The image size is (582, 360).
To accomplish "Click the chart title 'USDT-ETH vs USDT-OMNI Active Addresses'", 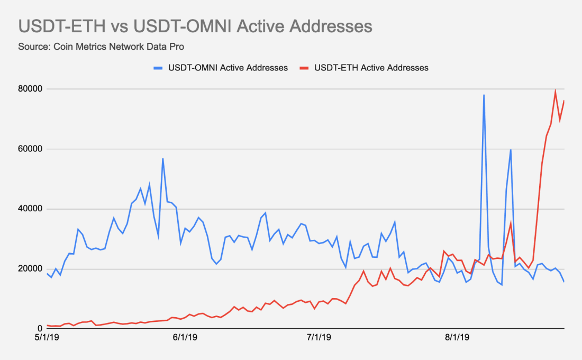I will click(195, 27).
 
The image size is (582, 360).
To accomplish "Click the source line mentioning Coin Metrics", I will click(101, 47).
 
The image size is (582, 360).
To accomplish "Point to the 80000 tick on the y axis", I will click(30, 89).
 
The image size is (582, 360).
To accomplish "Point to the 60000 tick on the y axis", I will click(30, 149).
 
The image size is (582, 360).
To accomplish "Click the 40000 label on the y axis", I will click(30, 209).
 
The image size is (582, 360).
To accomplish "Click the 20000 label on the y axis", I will click(30, 268).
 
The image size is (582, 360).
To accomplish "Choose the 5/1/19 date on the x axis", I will click(47, 337).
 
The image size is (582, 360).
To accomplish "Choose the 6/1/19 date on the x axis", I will click(185, 337).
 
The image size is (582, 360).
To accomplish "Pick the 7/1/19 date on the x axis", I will click(319, 337).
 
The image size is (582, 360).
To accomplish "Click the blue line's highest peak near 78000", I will click(484, 95).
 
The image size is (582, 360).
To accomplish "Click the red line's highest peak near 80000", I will click(555, 91).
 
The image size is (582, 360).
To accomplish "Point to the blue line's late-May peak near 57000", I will click(163, 159).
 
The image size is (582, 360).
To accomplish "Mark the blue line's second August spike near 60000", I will click(511, 150).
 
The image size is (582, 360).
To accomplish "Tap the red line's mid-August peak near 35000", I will click(511, 223).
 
